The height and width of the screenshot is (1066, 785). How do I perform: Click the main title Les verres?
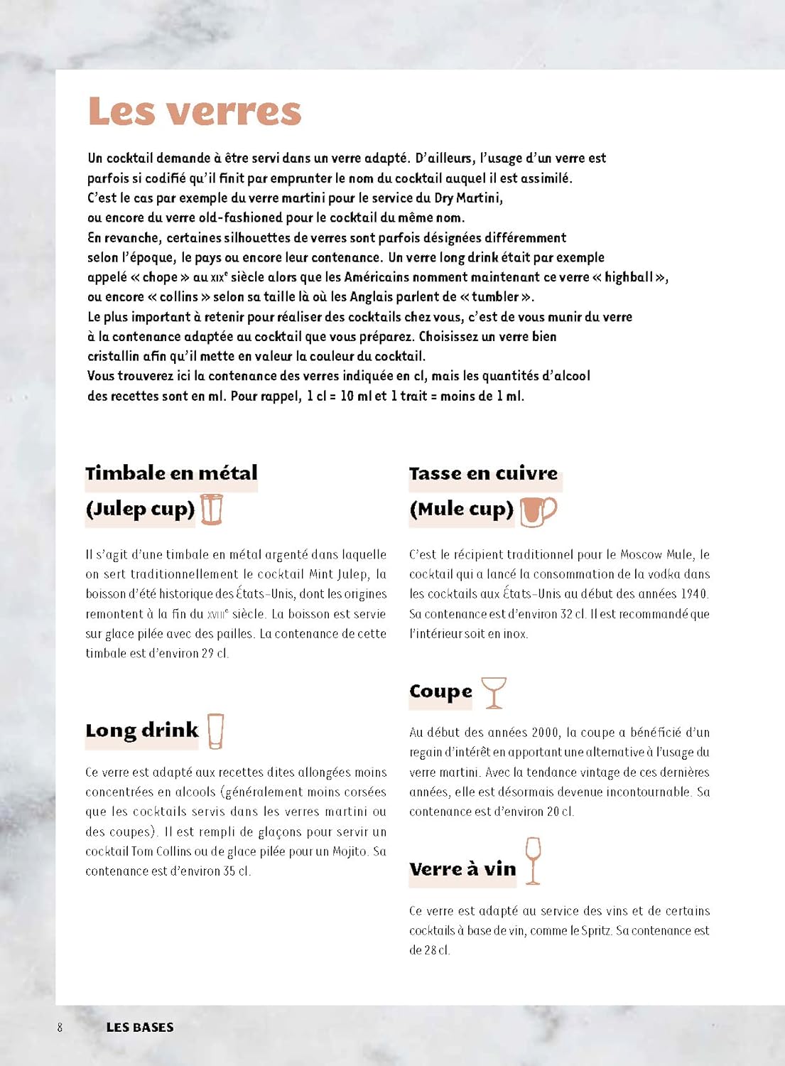pyautogui.click(x=195, y=112)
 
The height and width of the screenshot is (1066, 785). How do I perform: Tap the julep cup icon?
pyautogui.click(x=212, y=510)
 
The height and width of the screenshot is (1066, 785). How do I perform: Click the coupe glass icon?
pyautogui.click(x=494, y=693)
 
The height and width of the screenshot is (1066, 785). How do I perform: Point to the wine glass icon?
pyautogui.click(x=533, y=861)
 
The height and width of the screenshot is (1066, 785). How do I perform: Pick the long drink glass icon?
pyautogui.click(x=215, y=731)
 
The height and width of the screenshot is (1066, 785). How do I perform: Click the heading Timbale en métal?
pyautogui.click(x=171, y=473)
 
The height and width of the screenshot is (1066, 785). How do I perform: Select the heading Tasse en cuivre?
pyautogui.click(x=483, y=473)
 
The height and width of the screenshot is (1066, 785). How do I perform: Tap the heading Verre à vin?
pyautogui.click(x=462, y=869)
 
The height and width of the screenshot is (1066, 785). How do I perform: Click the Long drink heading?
pyautogui.click(x=142, y=731)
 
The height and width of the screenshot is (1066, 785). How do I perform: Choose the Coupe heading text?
pyautogui.click(x=440, y=691)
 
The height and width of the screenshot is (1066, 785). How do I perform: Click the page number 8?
pyautogui.click(x=60, y=1027)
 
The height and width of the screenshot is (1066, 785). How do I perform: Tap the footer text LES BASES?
pyautogui.click(x=140, y=1027)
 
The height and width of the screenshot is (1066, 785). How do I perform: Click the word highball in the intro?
pyautogui.click(x=629, y=277)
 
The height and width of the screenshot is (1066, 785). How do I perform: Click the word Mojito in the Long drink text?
pyautogui.click(x=350, y=851)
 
